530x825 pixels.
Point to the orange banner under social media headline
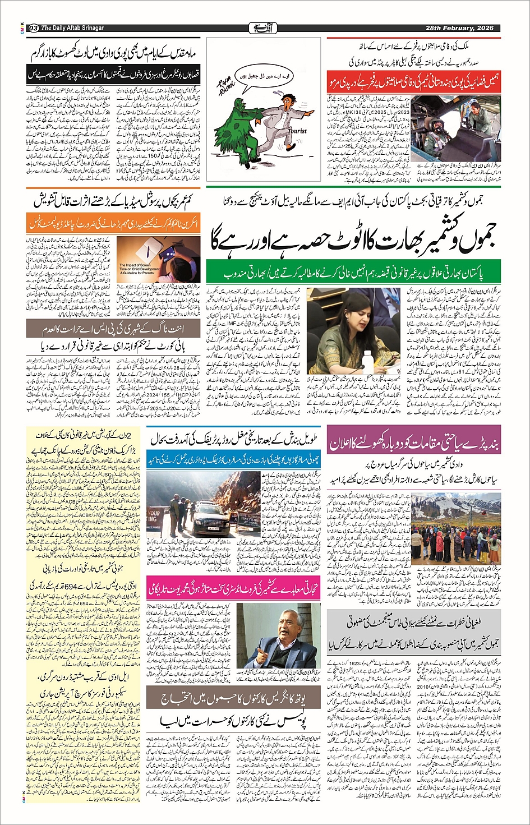click(107, 223)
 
